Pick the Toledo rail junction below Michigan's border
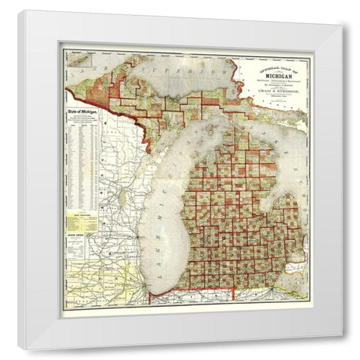coord(262,289)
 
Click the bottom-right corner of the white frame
coord(342,334)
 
